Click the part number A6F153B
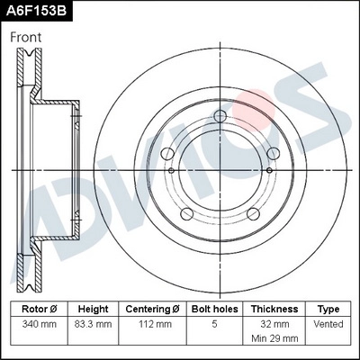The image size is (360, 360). (x=35, y=11)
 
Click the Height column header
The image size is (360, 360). (x=93, y=308)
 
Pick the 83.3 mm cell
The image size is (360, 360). (x=93, y=323)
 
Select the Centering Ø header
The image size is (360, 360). (x=153, y=308)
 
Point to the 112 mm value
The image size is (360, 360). (x=153, y=323)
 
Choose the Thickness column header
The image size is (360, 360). (x=274, y=308)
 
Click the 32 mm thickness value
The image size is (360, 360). (x=274, y=323)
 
